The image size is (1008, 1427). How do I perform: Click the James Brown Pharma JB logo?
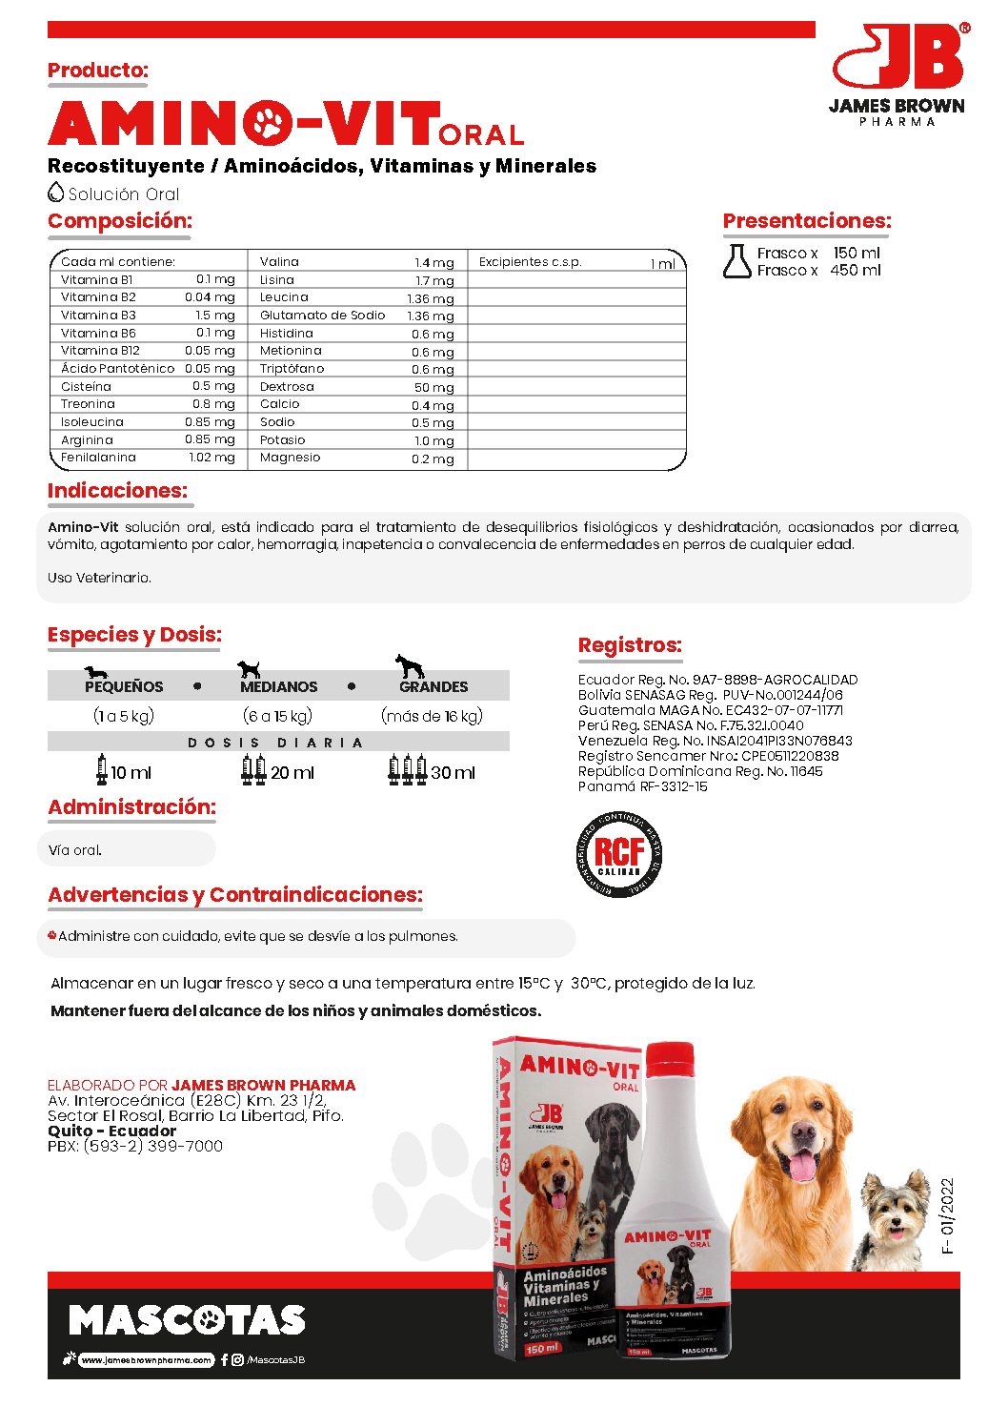click(x=898, y=71)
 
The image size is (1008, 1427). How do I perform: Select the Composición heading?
click(x=120, y=221)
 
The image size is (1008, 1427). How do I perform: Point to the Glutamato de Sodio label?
click(x=322, y=316)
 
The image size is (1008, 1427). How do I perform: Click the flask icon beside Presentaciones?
click(x=736, y=261)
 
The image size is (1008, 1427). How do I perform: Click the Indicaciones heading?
click(x=117, y=491)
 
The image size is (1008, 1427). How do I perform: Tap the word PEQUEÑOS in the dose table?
click(x=124, y=686)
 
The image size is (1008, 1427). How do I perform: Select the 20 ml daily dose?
click(x=292, y=772)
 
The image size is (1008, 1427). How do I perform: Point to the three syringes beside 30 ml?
click(x=407, y=769)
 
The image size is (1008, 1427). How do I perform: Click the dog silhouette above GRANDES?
click(x=410, y=665)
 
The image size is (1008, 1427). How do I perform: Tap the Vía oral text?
click(x=75, y=850)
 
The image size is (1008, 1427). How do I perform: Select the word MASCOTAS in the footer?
click(x=187, y=1320)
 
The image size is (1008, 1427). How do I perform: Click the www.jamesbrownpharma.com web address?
click(x=146, y=1360)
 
